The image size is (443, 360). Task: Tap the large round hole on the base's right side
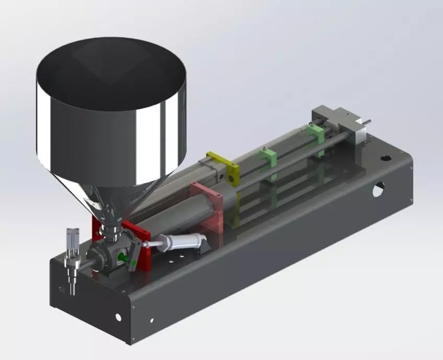[377, 190]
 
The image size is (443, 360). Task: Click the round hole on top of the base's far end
[385, 157]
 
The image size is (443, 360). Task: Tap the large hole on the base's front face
[118, 317]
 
